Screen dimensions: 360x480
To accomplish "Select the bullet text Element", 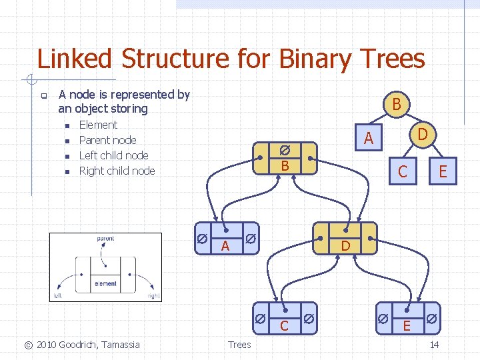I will pyautogui.click(x=98, y=125).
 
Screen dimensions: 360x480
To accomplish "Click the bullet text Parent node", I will pyautogui.click(x=107, y=140).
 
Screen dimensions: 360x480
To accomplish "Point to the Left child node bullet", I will pyautogui.click(x=113, y=155).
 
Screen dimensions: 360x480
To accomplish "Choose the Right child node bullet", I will pyautogui.click(x=117, y=171).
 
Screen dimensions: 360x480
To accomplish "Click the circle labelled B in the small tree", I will pyautogui.click(x=396, y=105).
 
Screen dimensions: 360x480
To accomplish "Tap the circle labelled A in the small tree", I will pyautogui.click(x=368, y=139).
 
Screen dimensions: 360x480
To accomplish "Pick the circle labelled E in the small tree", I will pyautogui.click(x=443, y=173).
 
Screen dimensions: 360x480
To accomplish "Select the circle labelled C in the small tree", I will pyautogui.click(x=402, y=172).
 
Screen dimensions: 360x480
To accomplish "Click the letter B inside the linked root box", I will pyautogui.click(x=284, y=165).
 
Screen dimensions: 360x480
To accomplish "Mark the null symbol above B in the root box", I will pyautogui.click(x=284, y=151).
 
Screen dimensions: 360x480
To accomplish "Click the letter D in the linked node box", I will pyautogui.click(x=345, y=246).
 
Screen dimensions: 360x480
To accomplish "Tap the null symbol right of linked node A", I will pyautogui.click(x=249, y=239).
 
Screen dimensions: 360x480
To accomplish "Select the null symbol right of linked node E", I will pyautogui.click(x=432, y=319).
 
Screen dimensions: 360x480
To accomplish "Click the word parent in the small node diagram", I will pyautogui.click(x=105, y=239).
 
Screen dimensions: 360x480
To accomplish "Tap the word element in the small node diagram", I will pyautogui.click(x=105, y=283).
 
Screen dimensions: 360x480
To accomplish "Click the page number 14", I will pyautogui.click(x=434, y=345).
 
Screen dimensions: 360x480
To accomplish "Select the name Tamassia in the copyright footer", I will pyautogui.click(x=119, y=345).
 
